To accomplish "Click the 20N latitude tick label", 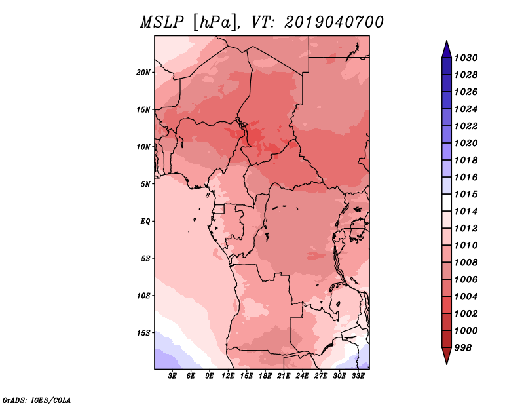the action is pyautogui.click(x=143, y=73).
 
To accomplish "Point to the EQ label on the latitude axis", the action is pyautogui.click(x=145, y=222).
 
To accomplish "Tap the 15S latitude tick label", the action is pyautogui.click(x=143, y=333).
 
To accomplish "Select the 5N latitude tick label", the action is pyautogui.click(x=145, y=184).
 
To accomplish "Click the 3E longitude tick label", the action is pyautogui.click(x=172, y=376).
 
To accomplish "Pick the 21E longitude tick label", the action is pyautogui.click(x=284, y=376).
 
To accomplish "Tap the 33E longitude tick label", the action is pyautogui.click(x=358, y=376).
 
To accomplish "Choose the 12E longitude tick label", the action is pyautogui.click(x=228, y=376).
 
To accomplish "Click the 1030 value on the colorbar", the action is pyautogui.click(x=466, y=58).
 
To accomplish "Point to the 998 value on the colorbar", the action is pyautogui.click(x=463, y=348).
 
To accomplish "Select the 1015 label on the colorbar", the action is pyautogui.click(x=466, y=194).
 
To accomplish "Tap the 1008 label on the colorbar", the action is pyautogui.click(x=466, y=263).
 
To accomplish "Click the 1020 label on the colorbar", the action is pyautogui.click(x=466, y=143).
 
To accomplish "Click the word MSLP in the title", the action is pyautogui.click(x=162, y=22).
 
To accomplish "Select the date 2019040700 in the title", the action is pyautogui.click(x=333, y=22).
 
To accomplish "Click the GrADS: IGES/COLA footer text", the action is pyautogui.click(x=37, y=400).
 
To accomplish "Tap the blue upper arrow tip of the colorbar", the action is pyautogui.click(x=447, y=41).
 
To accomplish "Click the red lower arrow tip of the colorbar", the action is pyautogui.click(x=447, y=364).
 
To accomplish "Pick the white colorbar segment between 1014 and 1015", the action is pyautogui.click(x=447, y=202).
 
